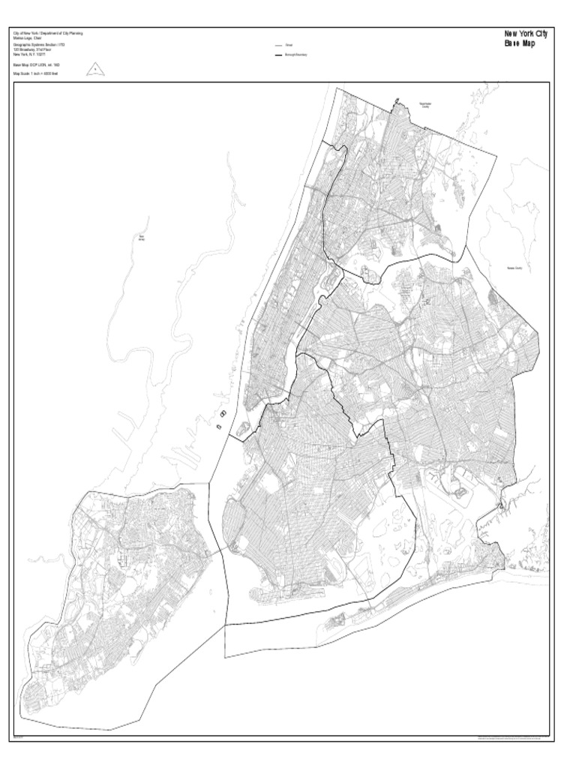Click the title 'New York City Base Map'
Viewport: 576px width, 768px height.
pos(525,38)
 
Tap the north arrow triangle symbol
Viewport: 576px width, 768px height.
pos(95,70)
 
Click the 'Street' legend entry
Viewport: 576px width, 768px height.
pos(289,46)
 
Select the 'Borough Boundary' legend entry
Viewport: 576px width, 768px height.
pos(295,55)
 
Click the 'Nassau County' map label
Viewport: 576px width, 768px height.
pos(514,268)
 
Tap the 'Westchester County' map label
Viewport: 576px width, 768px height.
pos(424,105)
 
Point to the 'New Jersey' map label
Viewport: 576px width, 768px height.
pos(140,238)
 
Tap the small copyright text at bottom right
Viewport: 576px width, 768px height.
pos(511,737)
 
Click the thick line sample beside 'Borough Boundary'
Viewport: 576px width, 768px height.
pos(277,55)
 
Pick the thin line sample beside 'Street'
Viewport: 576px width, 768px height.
pos(277,46)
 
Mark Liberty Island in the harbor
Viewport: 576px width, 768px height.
pos(217,426)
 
